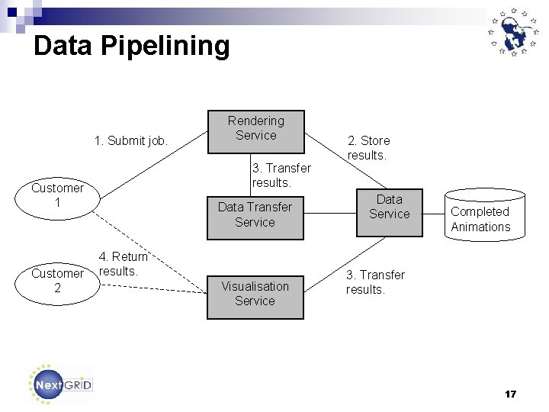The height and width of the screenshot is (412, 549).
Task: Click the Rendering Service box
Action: pyautogui.click(x=256, y=130)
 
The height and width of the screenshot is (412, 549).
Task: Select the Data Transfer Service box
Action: pyautogui.click(x=255, y=214)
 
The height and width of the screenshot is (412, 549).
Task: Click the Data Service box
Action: pyautogui.click(x=389, y=212)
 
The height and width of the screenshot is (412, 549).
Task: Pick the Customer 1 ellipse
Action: pyautogui.click(x=57, y=195)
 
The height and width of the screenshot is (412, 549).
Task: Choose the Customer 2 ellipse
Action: pyautogui.click(x=57, y=280)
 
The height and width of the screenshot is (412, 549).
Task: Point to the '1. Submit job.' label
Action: pyautogui.click(x=131, y=140)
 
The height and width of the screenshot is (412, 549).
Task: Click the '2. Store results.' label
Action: pyautogui.click(x=368, y=148)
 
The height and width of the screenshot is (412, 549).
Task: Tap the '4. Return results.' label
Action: pyautogui.click(x=122, y=264)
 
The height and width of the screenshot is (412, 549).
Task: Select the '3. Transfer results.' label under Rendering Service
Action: pyautogui.click(x=281, y=175)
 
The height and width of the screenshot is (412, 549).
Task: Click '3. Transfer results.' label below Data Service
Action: pyautogui.click(x=375, y=282)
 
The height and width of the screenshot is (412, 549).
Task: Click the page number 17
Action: pyautogui.click(x=510, y=394)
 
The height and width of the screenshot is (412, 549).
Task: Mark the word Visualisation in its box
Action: pyautogui.click(x=255, y=286)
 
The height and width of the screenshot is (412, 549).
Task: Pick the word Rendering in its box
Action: pyautogui.click(x=256, y=121)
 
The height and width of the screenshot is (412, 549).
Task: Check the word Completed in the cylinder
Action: pyautogui.click(x=480, y=211)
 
